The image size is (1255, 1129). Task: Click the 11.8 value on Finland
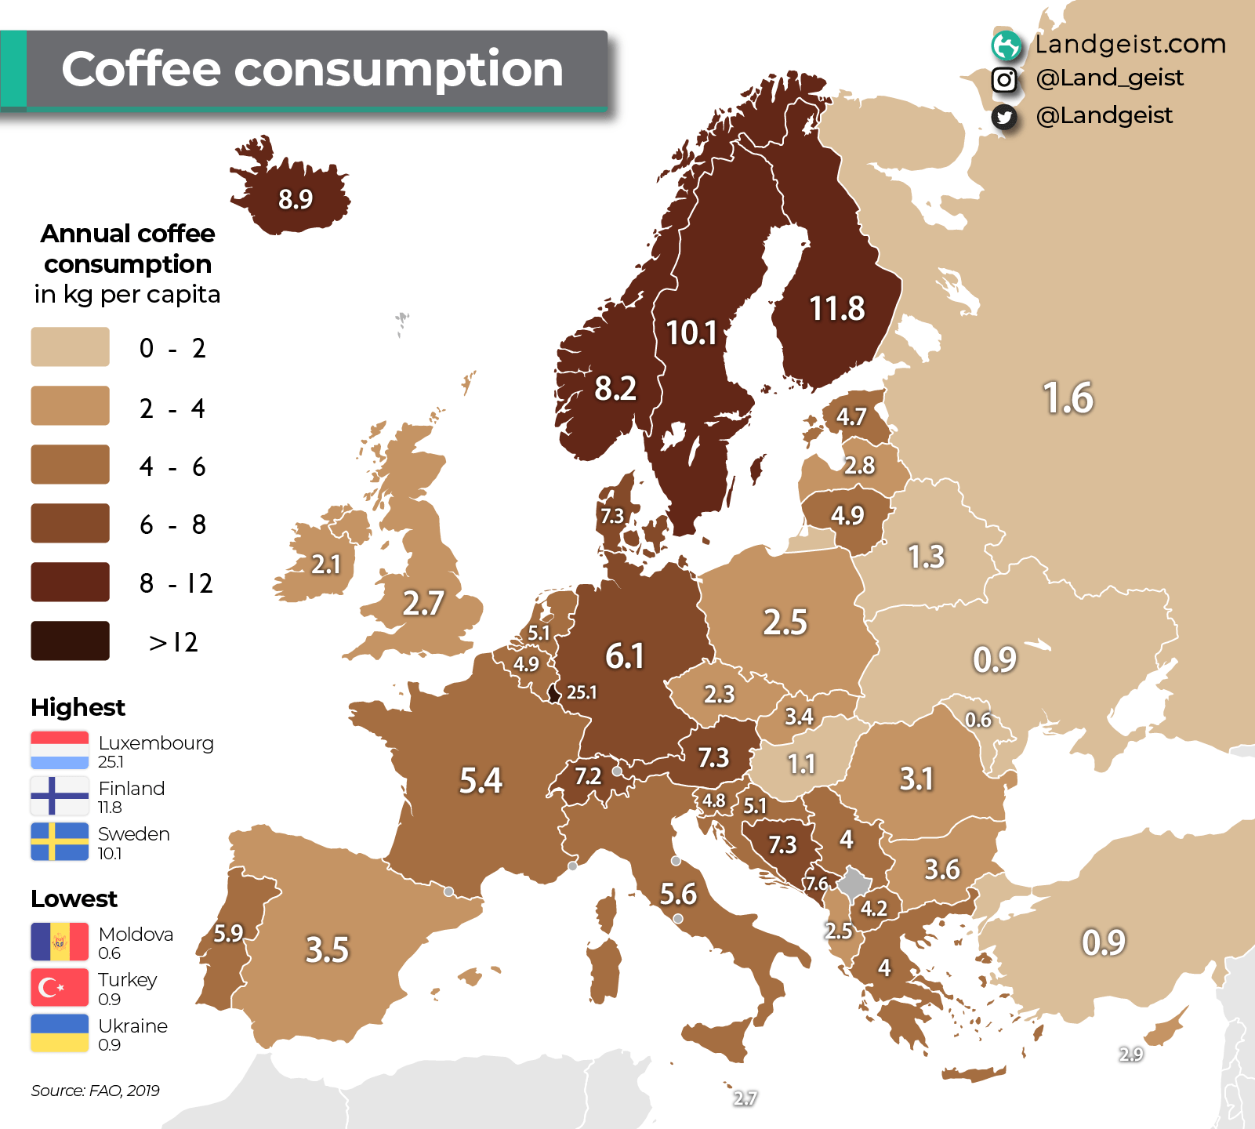(836, 309)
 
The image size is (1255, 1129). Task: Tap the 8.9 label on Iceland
(296, 199)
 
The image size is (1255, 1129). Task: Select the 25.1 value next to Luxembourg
(582, 692)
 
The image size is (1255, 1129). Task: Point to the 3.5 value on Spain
(327, 949)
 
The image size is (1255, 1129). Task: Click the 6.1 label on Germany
(625, 655)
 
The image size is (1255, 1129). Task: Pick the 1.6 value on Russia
(1068, 398)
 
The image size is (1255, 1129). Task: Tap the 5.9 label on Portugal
(228, 933)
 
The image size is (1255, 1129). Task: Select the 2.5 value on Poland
(785, 622)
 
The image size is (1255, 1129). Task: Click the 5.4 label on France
(481, 780)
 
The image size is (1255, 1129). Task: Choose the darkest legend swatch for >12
(70, 641)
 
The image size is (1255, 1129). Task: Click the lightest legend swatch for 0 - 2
(70, 347)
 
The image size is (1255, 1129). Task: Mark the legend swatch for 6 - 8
(70, 523)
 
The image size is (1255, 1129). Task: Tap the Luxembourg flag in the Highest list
(60, 750)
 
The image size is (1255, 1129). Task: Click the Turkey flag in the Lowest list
(60, 987)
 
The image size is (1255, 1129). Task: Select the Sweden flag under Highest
(60, 841)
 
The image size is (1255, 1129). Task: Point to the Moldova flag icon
(60, 942)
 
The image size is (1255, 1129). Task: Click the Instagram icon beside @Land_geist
(1004, 79)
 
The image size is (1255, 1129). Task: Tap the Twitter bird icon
(1004, 117)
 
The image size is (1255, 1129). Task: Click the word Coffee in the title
(141, 69)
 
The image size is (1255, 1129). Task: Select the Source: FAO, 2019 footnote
(95, 1091)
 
